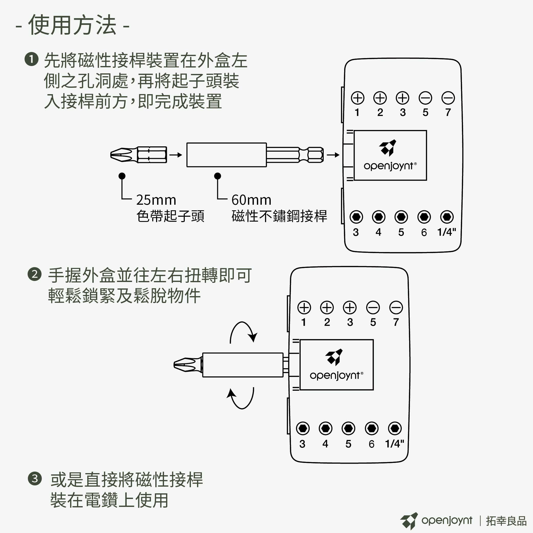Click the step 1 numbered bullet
pyautogui.click(x=31, y=59)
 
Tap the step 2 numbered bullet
pyautogui.click(x=35, y=274)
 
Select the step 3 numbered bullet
pyautogui.click(x=35, y=479)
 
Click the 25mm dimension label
pyautogui.click(x=156, y=200)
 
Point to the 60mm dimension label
pyautogui.click(x=251, y=200)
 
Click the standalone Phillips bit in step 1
pyautogui.click(x=138, y=155)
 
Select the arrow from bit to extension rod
pyautogui.click(x=176, y=155)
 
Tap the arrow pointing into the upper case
pyautogui.click(x=333, y=155)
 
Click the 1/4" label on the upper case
pyautogui.click(x=447, y=232)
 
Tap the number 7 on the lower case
pyautogui.click(x=396, y=322)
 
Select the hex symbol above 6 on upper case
pyautogui.click(x=424, y=217)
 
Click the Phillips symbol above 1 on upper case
pyautogui.click(x=357, y=98)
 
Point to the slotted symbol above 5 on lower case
pyautogui.click(x=373, y=308)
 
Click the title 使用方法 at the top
pyautogui.click(x=72, y=25)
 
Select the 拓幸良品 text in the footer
pyautogui.click(x=506, y=520)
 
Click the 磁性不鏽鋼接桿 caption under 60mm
pyautogui.click(x=279, y=216)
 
